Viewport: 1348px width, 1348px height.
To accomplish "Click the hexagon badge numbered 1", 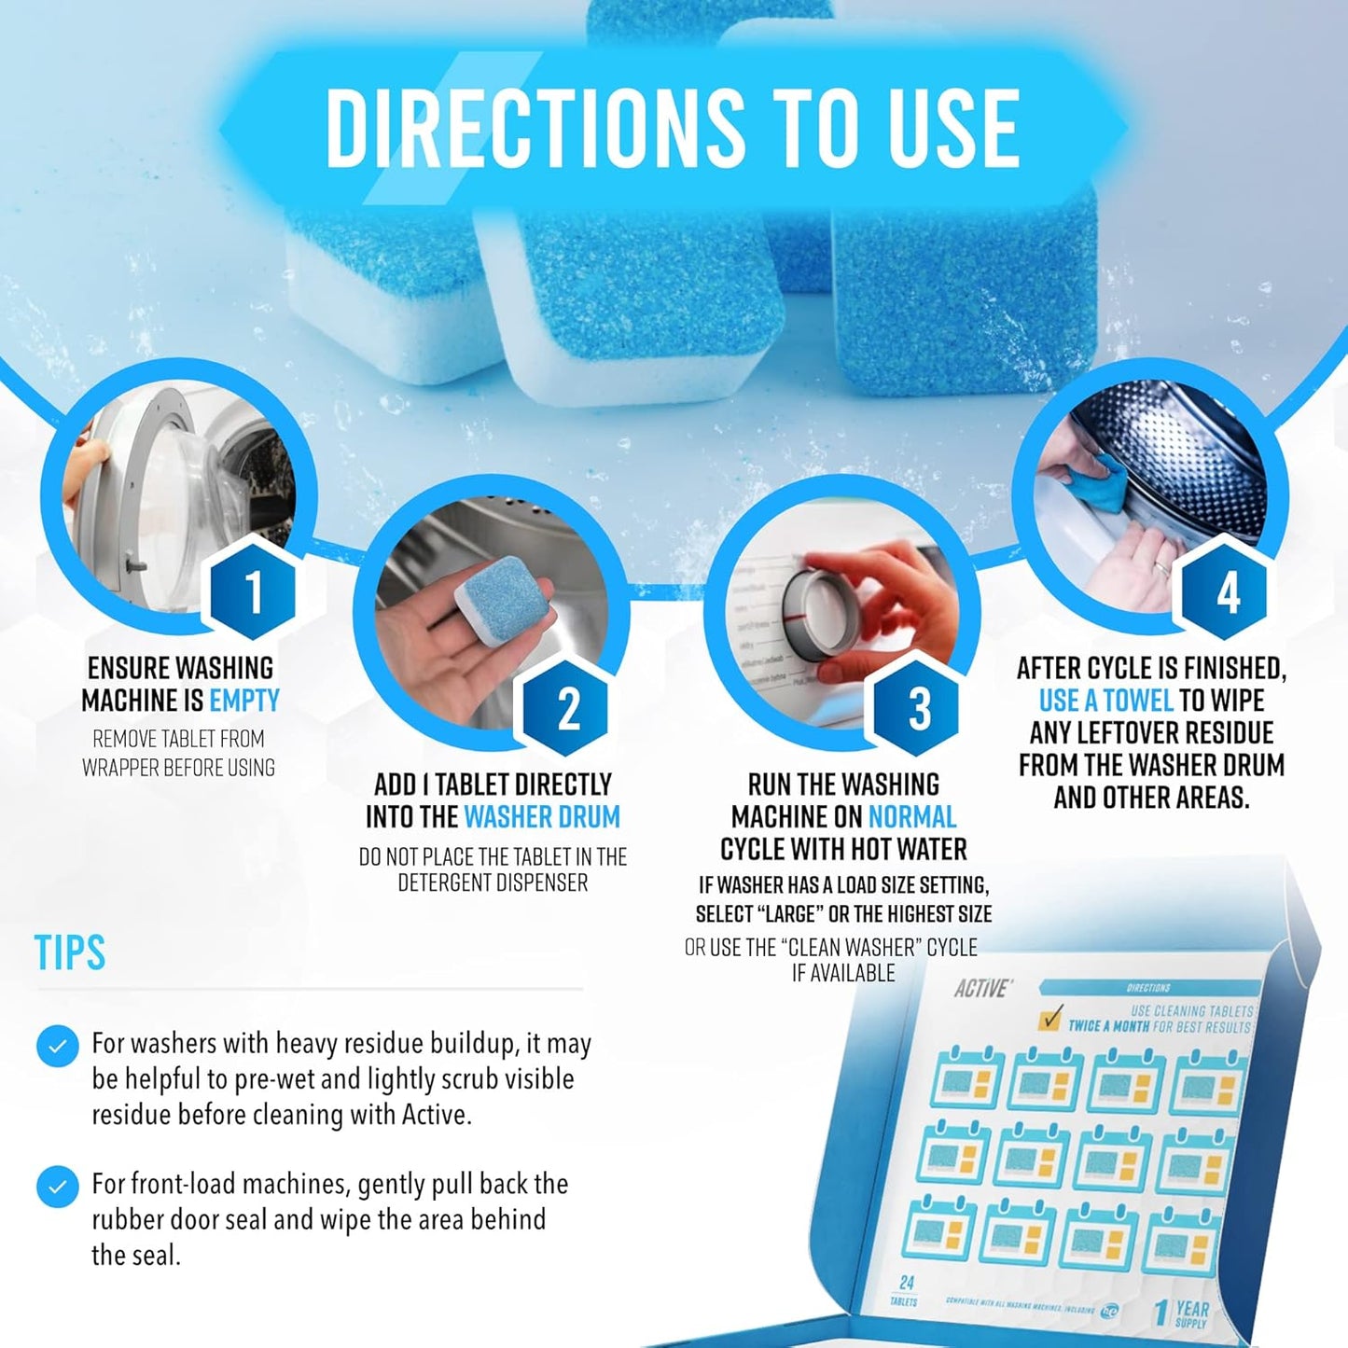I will click(x=252, y=590).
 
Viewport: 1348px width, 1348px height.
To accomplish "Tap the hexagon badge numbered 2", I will click(x=567, y=706).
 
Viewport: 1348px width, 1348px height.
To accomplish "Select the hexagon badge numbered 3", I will click(x=918, y=706).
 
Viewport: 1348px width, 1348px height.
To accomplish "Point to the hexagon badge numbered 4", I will click(x=1227, y=590).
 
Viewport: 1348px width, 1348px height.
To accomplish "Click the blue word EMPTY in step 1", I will click(x=244, y=701).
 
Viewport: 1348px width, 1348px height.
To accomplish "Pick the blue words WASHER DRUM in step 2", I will click(x=542, y=817).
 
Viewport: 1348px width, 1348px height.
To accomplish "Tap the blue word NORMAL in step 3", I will click(x=912, y=817).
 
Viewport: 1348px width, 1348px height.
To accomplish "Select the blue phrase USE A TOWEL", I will click(x=1105, y=701).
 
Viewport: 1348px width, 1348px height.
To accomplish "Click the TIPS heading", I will click(x=70, y=952).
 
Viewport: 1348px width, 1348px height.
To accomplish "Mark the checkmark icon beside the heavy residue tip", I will click(x=57, y=1046).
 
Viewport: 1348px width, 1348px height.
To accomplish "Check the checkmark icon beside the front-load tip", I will click(x=57, y=1187).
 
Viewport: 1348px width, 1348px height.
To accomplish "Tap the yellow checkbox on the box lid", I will click(x=1051, y=1019).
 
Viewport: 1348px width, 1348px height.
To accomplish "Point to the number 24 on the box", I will click(x=906, y=1283).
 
